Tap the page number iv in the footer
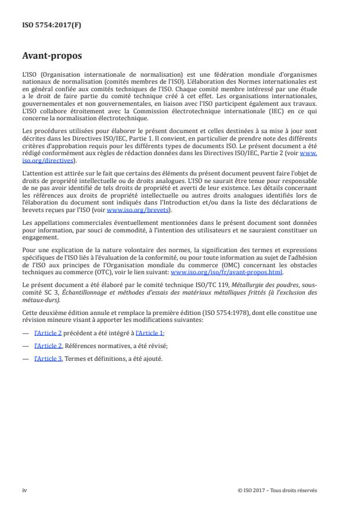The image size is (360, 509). coord(24,490)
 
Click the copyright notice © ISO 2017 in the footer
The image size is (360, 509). coord(278,490)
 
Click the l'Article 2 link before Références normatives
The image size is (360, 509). coord(48,346)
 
